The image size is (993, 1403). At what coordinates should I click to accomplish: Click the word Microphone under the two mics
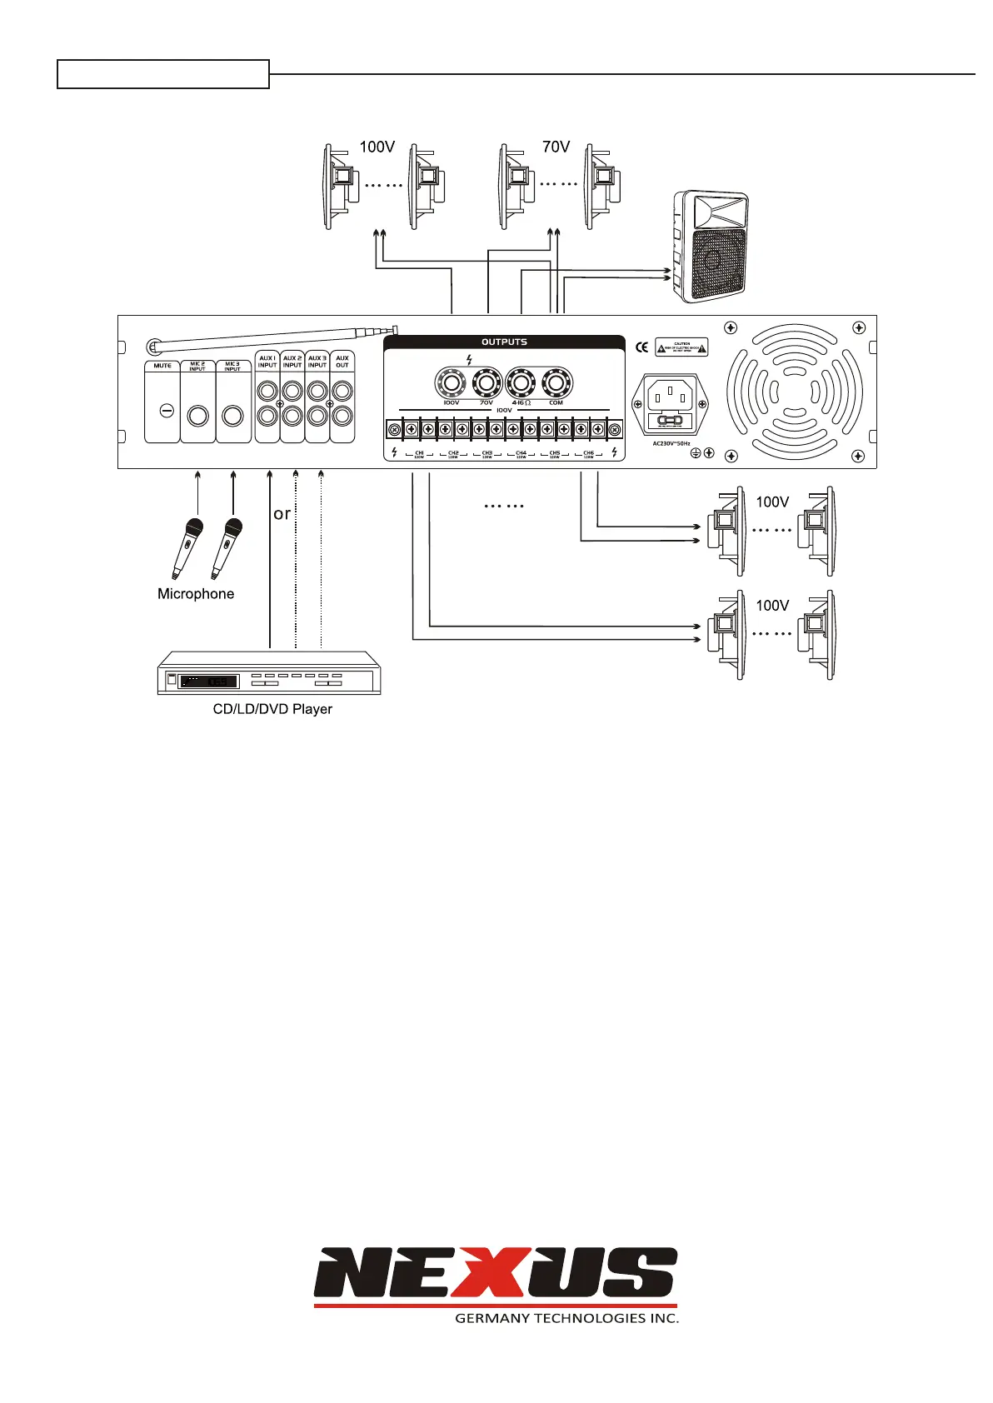point(196,594)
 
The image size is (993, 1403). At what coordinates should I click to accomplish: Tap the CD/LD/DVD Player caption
point(272,709)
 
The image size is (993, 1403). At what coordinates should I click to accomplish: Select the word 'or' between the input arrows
point(282,514)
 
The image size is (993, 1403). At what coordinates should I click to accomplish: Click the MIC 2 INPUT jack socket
point(197,416)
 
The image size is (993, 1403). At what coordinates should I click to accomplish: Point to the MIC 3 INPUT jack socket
point(232,416)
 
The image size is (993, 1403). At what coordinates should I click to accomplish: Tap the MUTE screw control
point(166,411)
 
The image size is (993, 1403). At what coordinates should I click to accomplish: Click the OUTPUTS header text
point(504,342)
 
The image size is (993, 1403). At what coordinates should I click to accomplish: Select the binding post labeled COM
point(556,383)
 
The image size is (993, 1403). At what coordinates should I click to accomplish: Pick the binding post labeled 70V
point(487,383)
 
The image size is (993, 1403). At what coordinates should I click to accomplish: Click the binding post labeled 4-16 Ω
point(521,383)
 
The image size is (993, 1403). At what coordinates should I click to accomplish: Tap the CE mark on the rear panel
point(641,347)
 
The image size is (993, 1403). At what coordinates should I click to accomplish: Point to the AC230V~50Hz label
point(671,443)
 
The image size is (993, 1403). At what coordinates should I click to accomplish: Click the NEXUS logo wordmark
point(495,1273)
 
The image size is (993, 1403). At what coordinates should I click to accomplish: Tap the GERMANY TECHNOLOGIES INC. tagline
point(566,1318)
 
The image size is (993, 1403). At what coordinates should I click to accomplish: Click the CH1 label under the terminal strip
point(419,453)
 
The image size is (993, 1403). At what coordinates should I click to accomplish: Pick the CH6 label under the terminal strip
point(588,453)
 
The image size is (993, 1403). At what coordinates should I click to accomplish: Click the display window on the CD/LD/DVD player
point(208,682)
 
